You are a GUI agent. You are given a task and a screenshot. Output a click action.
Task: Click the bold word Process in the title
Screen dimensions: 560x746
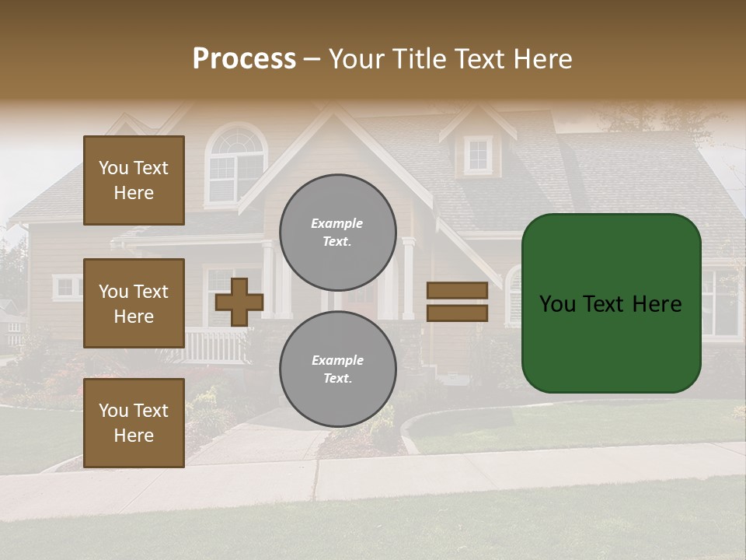pyautogui.click(x=244, y=58)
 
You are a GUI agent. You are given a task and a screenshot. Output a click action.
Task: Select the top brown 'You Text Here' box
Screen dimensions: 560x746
pyautogui.click(x=134, y=180)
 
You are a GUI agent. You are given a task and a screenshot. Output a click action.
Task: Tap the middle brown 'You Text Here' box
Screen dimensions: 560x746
pyautogui.click(x=134, y=303)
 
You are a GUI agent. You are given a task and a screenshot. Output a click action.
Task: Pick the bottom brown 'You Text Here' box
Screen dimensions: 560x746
pyautogui.click(x=134, y=423)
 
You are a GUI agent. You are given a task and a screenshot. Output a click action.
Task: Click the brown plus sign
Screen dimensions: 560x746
pyautogui.click(x=239, y=302)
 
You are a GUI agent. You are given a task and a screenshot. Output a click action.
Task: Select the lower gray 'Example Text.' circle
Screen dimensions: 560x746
pyautogui.click(x=337, y=369)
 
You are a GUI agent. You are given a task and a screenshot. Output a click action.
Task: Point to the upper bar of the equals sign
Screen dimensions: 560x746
pyautogui.click(x=457, y=290)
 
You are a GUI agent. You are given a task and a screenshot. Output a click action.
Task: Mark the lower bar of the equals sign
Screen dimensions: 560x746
pyautogui.click(x=457, y=313)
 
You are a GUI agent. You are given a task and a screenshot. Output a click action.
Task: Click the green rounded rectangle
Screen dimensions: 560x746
pyautogui.click(x=611, y=303)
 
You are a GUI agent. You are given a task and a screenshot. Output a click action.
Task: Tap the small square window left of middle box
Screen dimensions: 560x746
pyautogui.click(x=68, y=288)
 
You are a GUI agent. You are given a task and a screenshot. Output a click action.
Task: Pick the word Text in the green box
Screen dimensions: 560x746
pyautogui.click(x=609, y=304)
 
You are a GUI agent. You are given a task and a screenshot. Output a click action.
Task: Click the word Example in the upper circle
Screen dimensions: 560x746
pyautogui.click(x=337, y=224)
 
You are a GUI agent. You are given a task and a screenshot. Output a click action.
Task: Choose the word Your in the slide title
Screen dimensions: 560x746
pyautogui.click(x=357, y=59)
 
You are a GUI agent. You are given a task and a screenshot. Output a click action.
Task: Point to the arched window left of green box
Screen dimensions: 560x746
pyautogui.click(x=512, y=296)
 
